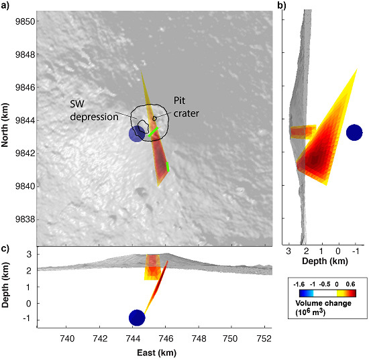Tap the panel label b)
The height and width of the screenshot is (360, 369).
[282, 6]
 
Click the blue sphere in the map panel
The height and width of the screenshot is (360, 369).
[136, 134]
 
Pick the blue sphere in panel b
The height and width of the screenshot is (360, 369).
[354, 132]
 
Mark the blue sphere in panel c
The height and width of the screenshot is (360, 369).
[137, 317]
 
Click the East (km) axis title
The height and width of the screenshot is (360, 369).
[155, 353]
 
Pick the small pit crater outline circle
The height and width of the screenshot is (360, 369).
[155, 118]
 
